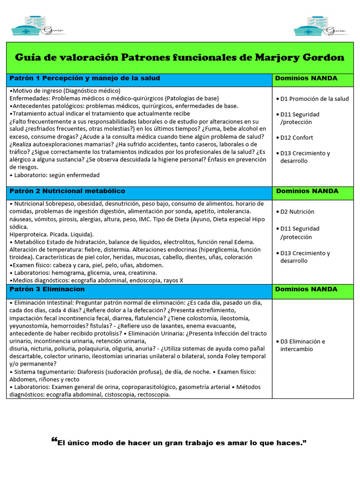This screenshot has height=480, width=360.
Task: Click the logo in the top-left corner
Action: pyautogui.click(x=38, y=26)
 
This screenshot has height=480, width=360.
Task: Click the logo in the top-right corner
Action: pyautogui.click(x=321, y=26)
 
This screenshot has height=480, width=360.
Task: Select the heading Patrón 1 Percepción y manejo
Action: pyautogui.click(x=85, y=78)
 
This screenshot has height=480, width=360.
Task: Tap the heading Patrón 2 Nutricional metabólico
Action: pyautogui.click(x=67, y=191)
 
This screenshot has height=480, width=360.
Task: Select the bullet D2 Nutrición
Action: pyautogui.click(x=297, y=211)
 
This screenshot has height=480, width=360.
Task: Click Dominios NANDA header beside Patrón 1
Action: pyautogui.click(x=306, y=78)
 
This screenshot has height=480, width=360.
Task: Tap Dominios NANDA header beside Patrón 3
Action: pyautogui.click(x=306, y=289)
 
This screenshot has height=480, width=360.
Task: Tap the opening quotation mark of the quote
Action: pyautogui.click(x=53, y=441)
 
